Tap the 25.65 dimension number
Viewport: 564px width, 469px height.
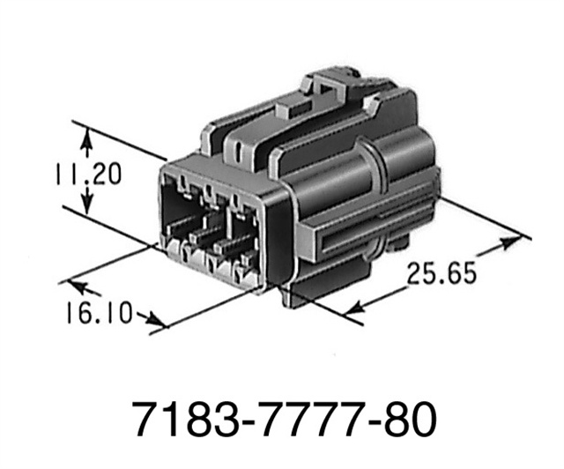(x=442, y=272)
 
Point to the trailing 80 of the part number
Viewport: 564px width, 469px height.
(x=411, y=421)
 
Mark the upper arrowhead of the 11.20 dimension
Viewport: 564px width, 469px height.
(x=86, y=135)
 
